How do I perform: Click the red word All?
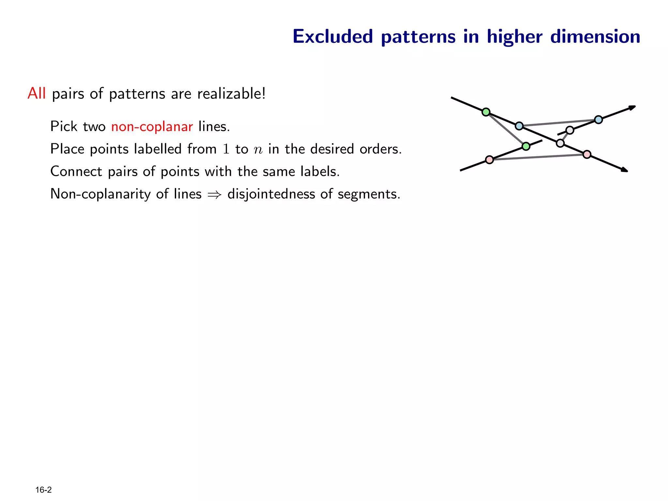(37, 94)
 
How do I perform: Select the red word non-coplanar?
(152, 127)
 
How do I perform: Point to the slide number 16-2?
(43, 490)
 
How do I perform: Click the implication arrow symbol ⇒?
(214, 195)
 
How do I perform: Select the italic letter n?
(258, 150)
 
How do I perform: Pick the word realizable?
(232, 94)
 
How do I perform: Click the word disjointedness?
(271, 194)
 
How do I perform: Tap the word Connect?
(76, 172)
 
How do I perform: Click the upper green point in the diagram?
(486, 112)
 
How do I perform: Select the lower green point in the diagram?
(526, 146)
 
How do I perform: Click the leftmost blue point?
(519, 126)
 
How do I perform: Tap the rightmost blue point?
(598, 120)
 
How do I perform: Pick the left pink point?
(489, 159)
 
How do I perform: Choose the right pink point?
(587, 154)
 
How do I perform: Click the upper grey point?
(569, 130)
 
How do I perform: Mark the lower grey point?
(560, 143)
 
